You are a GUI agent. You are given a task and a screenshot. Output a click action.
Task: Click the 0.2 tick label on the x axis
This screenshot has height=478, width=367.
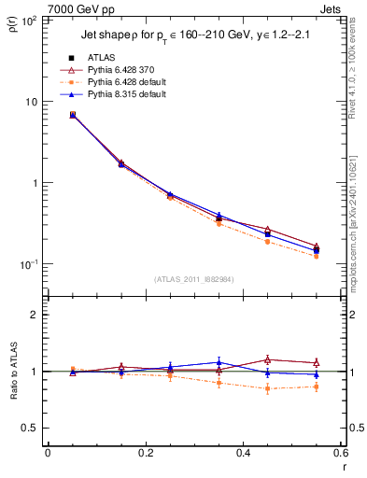pos(145,453)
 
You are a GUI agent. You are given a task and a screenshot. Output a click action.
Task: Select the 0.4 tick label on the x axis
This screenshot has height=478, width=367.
pos(243,453)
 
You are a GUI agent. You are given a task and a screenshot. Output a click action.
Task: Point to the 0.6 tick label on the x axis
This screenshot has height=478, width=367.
pos(339,453)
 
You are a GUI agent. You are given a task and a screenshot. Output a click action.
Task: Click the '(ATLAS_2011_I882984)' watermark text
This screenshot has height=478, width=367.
pos(193,278)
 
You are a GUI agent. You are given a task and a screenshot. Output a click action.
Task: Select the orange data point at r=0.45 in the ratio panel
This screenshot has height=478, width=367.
pos(267,388)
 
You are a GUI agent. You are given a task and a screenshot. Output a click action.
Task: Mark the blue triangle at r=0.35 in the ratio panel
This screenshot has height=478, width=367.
pos(219,361)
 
